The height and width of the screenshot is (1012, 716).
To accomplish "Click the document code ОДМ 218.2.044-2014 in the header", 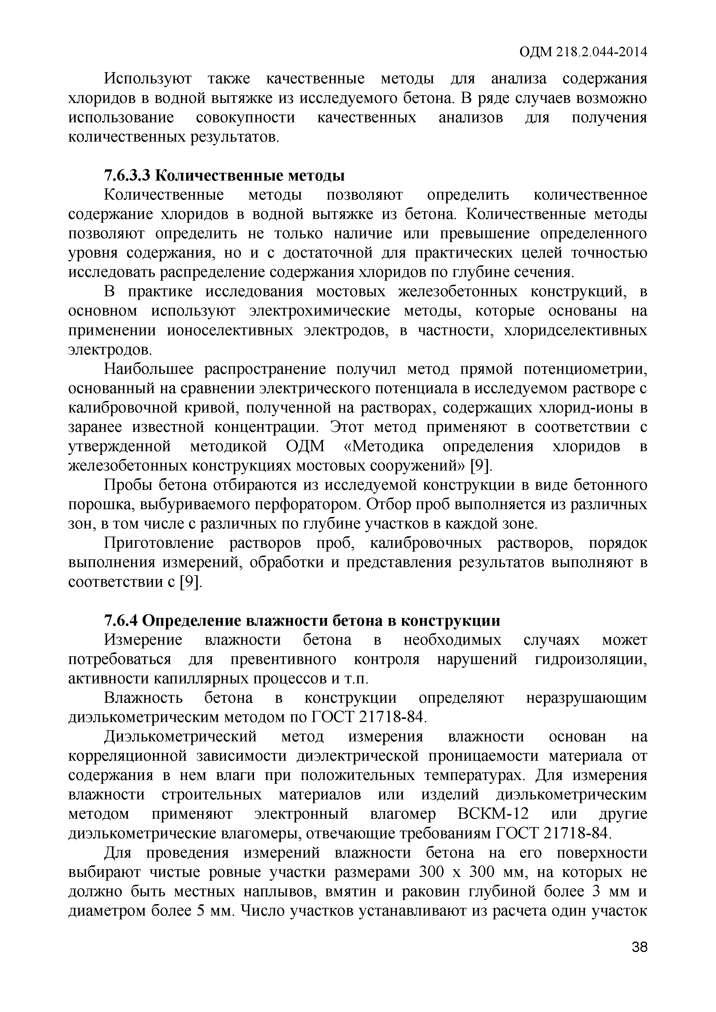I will [583, 53].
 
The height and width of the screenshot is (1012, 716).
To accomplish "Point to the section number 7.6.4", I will [121, 621].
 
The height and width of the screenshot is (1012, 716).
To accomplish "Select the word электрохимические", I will [320, 311].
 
